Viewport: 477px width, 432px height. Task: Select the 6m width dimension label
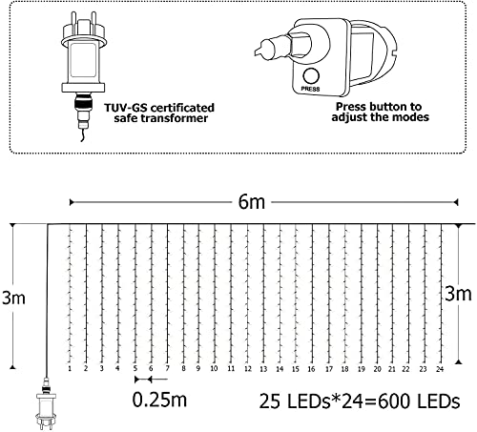pyautogui.click(x=250, y=201)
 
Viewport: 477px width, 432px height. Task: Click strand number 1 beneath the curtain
pyautogui.click(x=71, y=368)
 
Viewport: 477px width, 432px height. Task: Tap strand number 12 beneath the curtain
pyautogui.click(x=247, y=368)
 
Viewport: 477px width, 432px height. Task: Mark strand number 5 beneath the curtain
pyautogui.click(x=135, y=368)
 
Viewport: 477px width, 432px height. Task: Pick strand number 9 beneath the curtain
pyautogui.click(x=198, y=368)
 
